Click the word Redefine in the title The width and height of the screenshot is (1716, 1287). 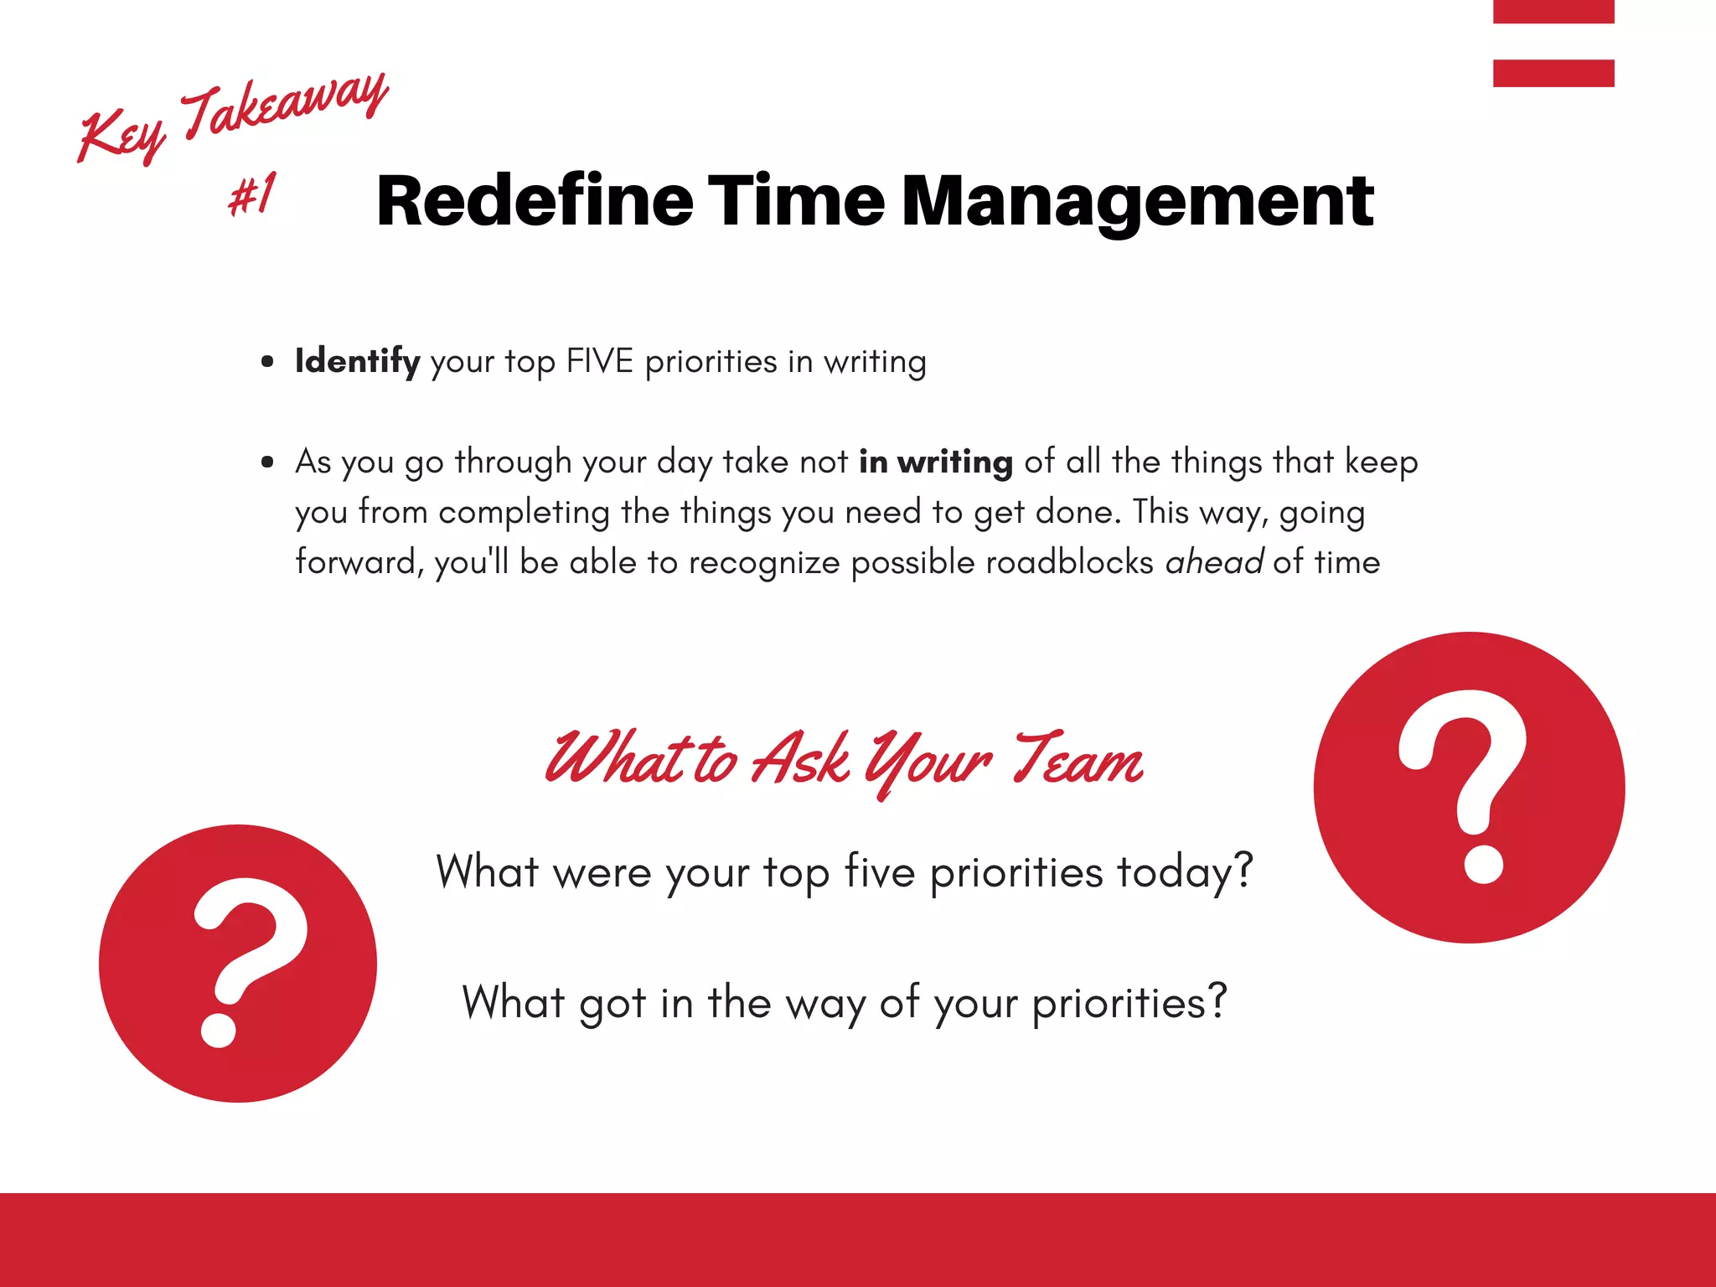pyautogui.click(x=535, y=201)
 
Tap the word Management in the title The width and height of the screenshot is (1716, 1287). pyautogui.click(x=1137, y=203)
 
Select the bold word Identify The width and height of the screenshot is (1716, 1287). pyautogui.click(x=357, y=362)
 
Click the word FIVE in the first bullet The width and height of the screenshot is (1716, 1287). pyautogui.click(x=599, y=362)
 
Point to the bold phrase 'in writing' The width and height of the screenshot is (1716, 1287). pyautogui.click(x=935, y=463)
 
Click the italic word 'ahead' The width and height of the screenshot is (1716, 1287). pyautogui.click(x=1213, y=562)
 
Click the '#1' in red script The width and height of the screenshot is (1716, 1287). pyautogui.click(x=252, y=194)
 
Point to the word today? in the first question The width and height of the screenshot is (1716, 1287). pyautogui.click(x=1185, y=872)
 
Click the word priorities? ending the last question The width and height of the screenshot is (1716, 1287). pyautogui.click(x=1129, y=1003)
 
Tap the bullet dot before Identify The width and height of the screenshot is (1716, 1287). pyautogui.click(x=267, y=362)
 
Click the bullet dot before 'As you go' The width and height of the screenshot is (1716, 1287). pyautogui.click(x=267, y=463)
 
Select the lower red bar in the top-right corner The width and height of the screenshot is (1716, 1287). pyautogui.click(x=1553, y=73)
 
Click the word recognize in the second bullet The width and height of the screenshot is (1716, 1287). pyautogui.click(x=764, y=562)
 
